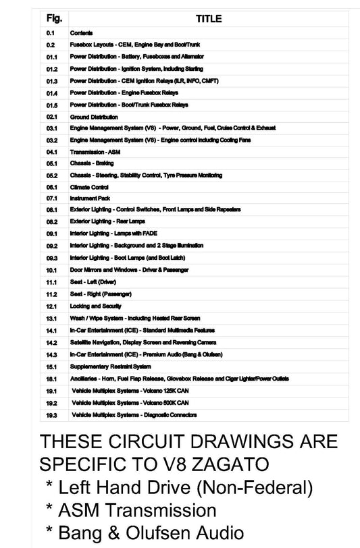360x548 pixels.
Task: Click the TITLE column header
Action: pyautogui.click(x=208, y=20)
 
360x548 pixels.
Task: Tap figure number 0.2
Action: pyautogui.click(x=51, y=45)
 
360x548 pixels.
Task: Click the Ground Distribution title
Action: pyautogui.click(x=94, y=117)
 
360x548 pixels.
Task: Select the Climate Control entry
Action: pyautogui.click(x=89, y=187)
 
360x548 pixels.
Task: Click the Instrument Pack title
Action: pyautogui.click(x=90, y=198)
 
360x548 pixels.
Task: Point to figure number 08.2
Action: pyautogui.click(x=51, y=221)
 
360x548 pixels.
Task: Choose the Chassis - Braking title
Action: pyautogui.click(x=93, y=163)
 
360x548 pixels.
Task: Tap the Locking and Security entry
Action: pyautogui.click(x=96, y=306)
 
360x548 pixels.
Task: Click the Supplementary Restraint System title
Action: pyautogui.click(x=110, y=366)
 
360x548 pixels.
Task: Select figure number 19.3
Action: pyautogui.click(x=51, y=414)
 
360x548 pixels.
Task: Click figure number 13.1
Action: pyautogui.click(x=51, y=318)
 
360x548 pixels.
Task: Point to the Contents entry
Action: pyautogui.click(x=82, y=32)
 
